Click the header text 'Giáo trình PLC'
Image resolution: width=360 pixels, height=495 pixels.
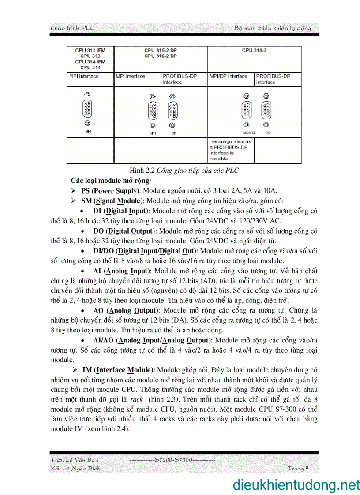[73, 28]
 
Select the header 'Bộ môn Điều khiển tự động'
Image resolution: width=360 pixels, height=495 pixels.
[272, 28]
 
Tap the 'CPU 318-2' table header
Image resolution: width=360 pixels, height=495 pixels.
[254, 51]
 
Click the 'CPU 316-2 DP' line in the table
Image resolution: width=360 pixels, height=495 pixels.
[161, 56]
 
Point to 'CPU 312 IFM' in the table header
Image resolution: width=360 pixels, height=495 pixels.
[90, 51]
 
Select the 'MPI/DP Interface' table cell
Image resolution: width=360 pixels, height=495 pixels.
[228, 76]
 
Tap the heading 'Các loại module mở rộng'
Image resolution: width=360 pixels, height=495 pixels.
[111, 181]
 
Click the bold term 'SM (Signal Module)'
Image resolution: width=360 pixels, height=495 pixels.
[112, 201]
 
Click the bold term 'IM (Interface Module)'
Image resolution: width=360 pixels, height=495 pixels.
[118, 370]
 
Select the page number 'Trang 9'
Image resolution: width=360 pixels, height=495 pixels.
[297, 468]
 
